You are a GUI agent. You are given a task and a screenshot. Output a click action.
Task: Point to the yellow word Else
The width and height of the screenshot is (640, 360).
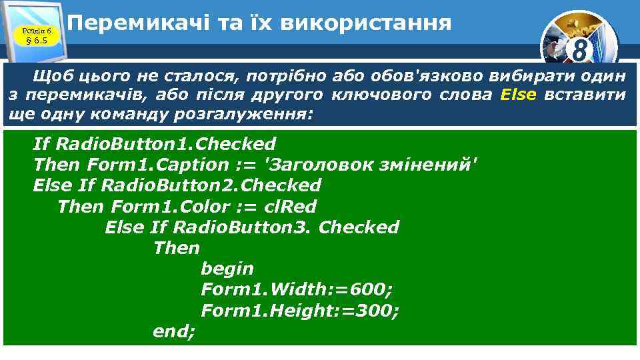coord(517,95)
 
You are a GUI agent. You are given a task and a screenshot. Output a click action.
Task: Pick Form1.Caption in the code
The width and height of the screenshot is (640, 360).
coord(157,165)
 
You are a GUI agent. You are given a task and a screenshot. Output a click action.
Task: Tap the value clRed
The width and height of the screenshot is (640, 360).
coord(290,207)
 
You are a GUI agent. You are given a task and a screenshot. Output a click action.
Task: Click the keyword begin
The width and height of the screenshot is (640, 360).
coord(227,269)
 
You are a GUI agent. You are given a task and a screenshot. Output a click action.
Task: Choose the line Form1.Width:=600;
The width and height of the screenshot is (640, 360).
coord(297,290)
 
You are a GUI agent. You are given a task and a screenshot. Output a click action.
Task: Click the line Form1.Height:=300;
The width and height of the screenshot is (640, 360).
coord(300,311)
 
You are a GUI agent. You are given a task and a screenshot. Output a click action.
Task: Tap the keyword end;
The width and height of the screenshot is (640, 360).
coord(174,331)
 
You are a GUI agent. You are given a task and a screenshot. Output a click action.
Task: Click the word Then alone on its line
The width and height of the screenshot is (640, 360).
coord(176,248)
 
